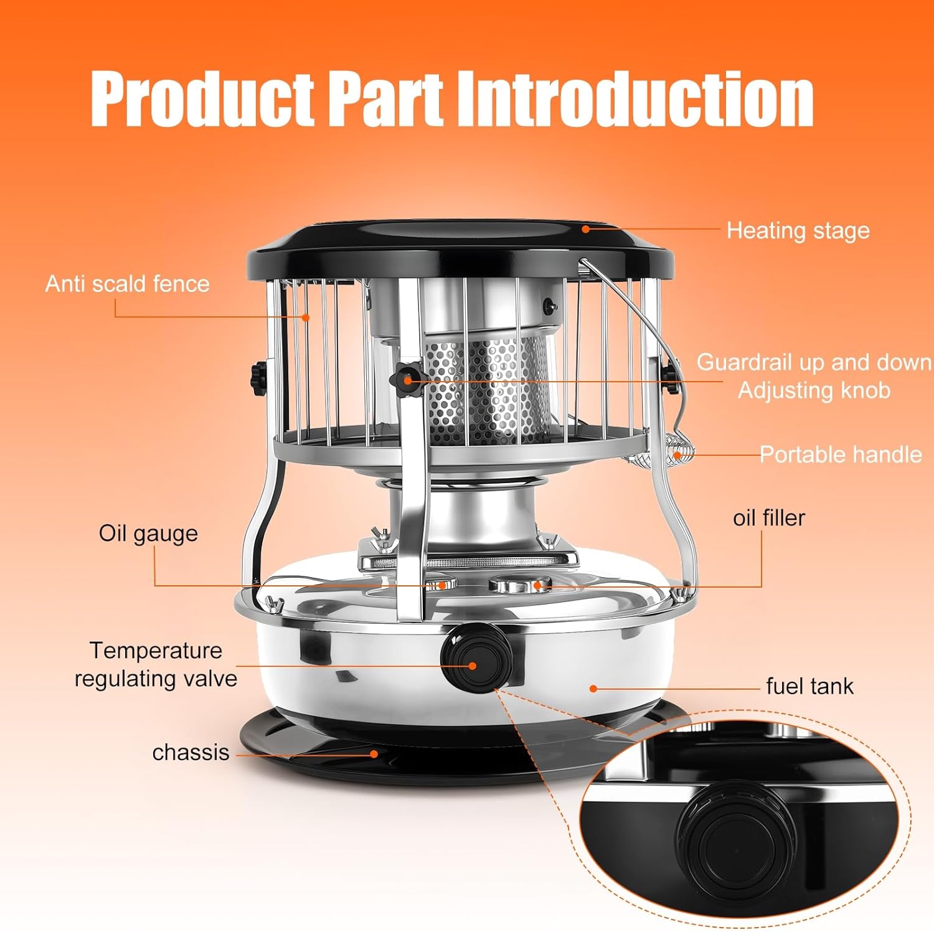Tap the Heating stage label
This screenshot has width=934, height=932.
point(798,231)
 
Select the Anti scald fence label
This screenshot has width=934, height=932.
point(127,284)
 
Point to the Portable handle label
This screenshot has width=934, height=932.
point(840,454)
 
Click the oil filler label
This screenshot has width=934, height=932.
point(768,518)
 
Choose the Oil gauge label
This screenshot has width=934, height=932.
point(148,534)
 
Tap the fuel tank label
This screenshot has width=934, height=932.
point(809,686)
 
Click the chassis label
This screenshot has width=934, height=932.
point(191,752)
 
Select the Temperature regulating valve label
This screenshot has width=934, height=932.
point(156,664)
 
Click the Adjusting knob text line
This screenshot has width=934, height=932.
point(814,390)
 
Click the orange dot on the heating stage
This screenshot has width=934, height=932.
point(585,229)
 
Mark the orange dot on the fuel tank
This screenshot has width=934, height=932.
point(593,689)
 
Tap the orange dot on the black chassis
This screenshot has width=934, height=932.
point(374,753)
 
